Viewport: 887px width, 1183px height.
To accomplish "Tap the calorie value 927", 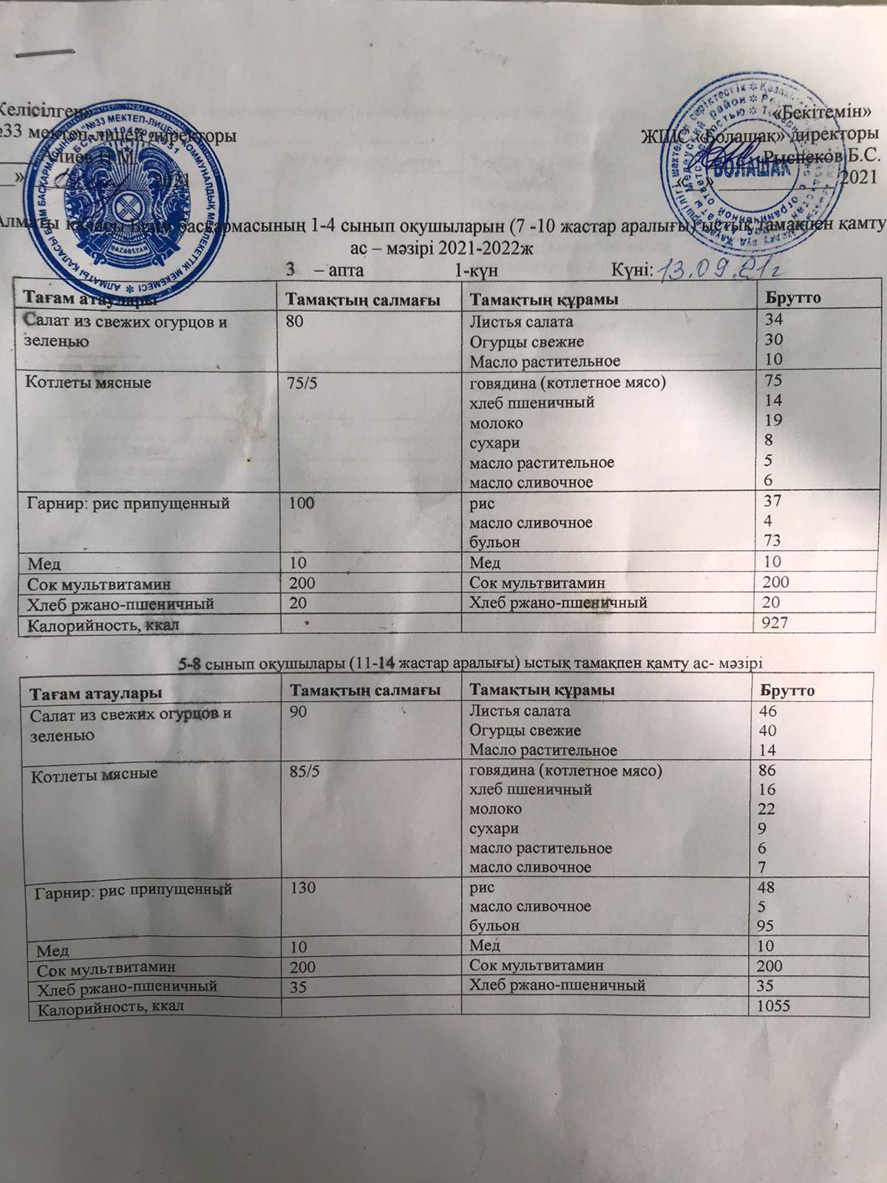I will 767,624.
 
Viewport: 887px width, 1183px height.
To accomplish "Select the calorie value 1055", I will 769,1006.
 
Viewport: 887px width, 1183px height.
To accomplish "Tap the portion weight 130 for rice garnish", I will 299,887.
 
